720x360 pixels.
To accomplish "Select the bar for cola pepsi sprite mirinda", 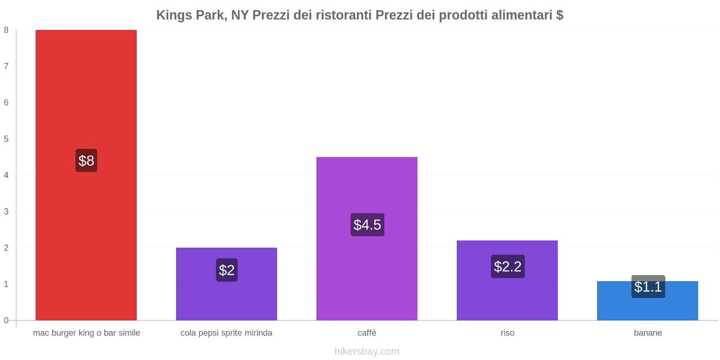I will click(x=226, y=297).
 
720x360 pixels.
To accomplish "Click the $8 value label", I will click(x=86, y=161).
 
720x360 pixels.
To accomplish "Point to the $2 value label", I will click(x=227, y=270).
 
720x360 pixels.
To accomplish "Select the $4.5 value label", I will click(x=367, y=225).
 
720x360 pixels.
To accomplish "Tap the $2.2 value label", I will click(x=508, y=266).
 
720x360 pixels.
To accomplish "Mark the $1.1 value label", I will click(x=648, y=287).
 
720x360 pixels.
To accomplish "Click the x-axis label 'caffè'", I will click(x=367, y=333).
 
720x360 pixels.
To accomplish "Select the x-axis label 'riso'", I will click(x=508, y=333).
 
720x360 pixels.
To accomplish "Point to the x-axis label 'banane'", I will click(x=648, y=333).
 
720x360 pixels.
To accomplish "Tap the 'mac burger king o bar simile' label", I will click(x=86, y=333).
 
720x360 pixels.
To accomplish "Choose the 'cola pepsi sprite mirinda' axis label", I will click(x=226, y=333).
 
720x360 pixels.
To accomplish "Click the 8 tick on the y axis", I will click(x=6, y=30).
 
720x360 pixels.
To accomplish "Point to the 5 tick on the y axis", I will click(x=6, y=139).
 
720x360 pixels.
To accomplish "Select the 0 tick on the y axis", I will click(x=6, y=320).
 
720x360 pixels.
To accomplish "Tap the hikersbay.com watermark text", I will click(x=367, y=351).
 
